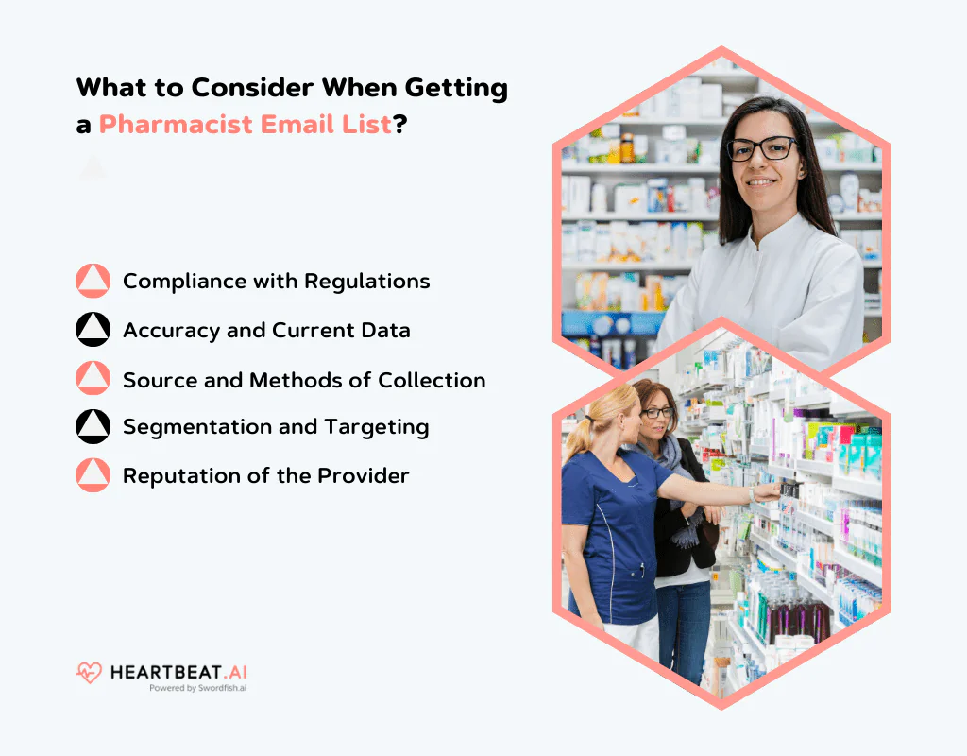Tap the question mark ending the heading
399,124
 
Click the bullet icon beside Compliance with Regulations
93,281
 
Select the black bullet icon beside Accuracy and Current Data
93,330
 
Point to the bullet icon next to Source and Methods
93,379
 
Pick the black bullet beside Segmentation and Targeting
93,426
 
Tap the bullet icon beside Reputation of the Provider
93,475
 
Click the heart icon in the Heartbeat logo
89,673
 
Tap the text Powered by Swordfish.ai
197,689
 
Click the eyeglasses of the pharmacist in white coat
761,148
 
